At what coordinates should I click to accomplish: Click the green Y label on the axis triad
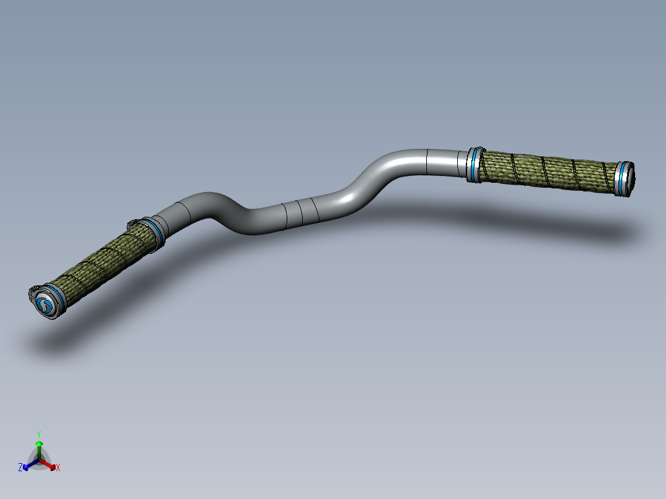pos(38,434)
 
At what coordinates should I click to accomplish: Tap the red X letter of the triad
pos(58,468)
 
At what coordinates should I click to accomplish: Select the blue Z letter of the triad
pos(20,468)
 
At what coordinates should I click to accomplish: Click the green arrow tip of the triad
pos(39,443)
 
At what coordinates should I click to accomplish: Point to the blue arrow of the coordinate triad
pos(28,466)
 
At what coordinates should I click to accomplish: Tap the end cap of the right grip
pos(627,180)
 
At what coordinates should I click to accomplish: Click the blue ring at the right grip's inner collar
pos(473,165)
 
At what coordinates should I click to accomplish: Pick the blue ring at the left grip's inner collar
pos(154,233)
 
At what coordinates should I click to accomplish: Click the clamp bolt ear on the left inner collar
pos(132,224)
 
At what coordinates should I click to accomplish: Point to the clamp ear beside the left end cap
pos(33,290)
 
